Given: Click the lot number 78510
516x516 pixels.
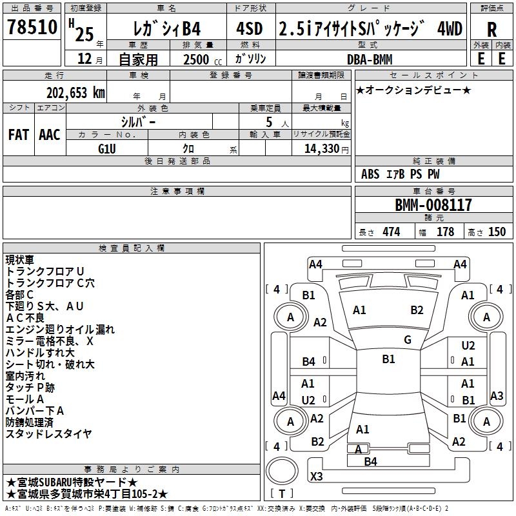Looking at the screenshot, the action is [32, 26].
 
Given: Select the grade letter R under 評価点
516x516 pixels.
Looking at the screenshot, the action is [491, 30].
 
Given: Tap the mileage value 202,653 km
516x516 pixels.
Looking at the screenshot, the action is [75, 93].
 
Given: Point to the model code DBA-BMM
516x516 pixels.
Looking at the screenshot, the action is [370, 59].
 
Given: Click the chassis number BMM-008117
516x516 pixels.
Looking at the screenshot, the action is [433, 205].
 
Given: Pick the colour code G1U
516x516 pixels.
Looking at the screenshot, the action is [107, 149].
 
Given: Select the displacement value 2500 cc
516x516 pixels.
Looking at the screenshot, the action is [203, 59].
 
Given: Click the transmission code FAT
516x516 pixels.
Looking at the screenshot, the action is [19, 135].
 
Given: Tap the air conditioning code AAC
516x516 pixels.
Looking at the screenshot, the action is [50, 135].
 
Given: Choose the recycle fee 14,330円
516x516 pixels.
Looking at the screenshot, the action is [326, 149].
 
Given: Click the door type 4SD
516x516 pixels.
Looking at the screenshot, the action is [250, 28].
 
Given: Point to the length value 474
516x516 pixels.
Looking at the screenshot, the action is [392, 232].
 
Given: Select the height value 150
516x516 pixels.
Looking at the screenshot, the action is [497, 232].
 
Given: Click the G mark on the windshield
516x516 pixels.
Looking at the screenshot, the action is [408, 340].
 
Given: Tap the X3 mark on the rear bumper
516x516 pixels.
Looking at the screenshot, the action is [316, 476].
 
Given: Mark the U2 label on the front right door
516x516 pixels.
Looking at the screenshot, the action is [468, 346].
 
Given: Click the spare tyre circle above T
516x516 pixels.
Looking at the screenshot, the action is [282, 471].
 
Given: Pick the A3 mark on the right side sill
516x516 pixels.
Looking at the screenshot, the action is [497, 395].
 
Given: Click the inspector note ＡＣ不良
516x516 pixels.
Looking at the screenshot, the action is [25, 318].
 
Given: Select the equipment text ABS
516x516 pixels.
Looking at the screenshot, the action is [370, 174].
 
